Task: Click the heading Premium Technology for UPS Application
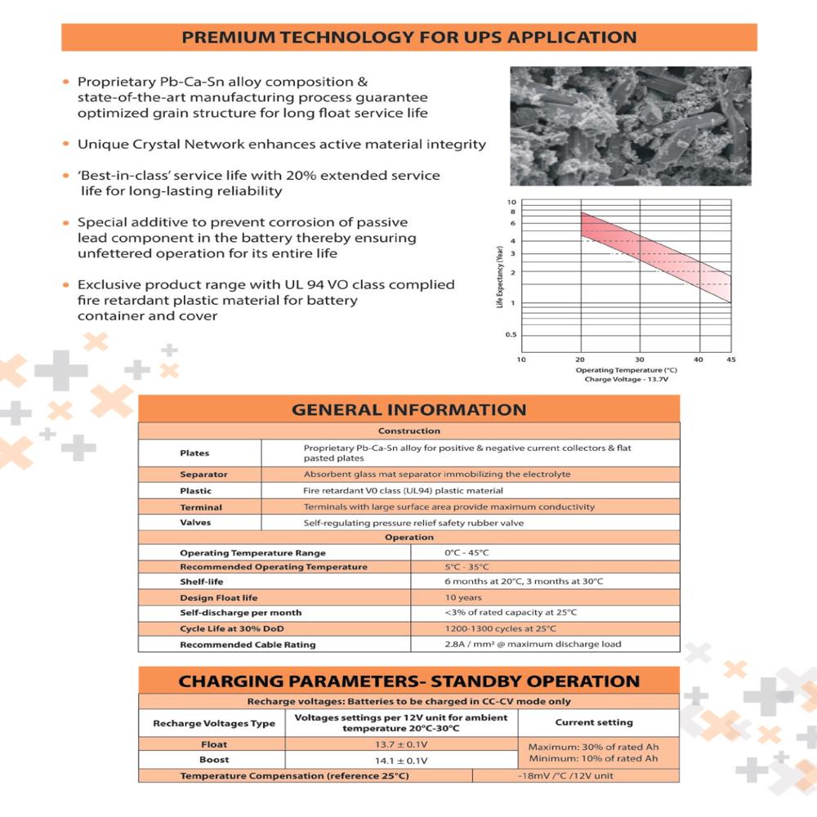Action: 408,38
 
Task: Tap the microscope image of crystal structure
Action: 630,126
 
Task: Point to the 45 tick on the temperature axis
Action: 730,359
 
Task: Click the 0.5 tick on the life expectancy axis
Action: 511,335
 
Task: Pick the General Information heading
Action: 408,409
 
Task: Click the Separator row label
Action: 203,474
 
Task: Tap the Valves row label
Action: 195,522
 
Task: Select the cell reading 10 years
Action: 462,597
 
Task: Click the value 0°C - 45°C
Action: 467,552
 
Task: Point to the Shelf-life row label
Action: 201,582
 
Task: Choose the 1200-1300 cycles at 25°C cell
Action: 500,628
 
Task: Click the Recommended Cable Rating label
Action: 247,644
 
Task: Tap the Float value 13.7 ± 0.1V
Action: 400,744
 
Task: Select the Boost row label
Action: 214,759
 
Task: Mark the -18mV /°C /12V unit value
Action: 565,775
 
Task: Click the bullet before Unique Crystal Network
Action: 65,145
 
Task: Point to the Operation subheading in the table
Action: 408,537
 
